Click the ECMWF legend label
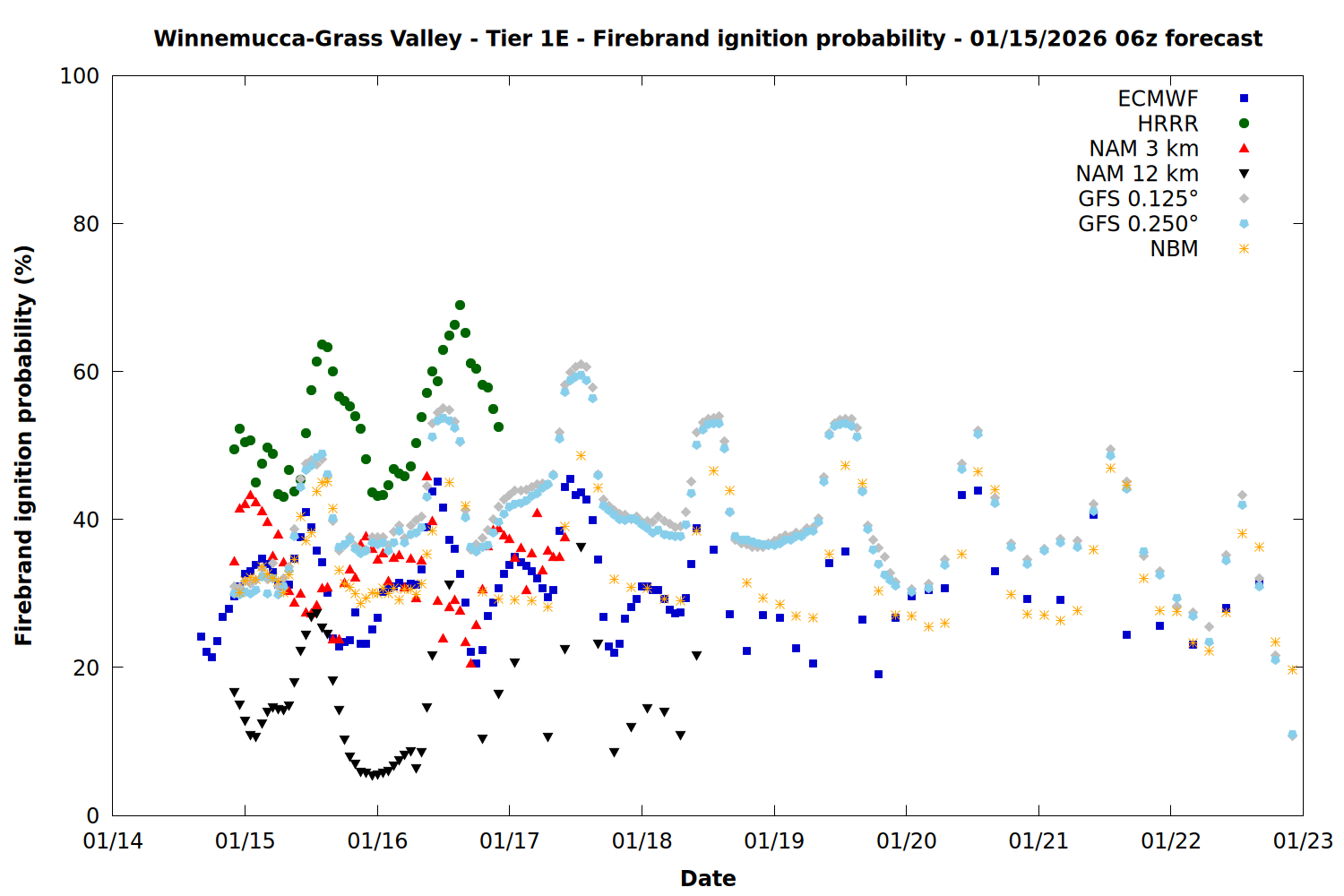coord(1158,99)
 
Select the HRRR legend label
coord(1167,124)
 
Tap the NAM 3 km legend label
coord(1143,149)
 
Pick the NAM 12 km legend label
coord(1137,174)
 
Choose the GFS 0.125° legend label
coord(1138,199)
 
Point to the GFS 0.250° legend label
coord(1138,224)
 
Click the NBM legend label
coord(1174,249)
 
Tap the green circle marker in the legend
coord(1244,124)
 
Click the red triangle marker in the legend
coord(1244,149)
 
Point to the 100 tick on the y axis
coord(80,76)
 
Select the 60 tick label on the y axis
coord(86,372)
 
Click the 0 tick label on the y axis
coord(92,815)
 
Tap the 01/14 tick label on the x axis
coord(113,841)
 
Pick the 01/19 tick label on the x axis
coord(774,841)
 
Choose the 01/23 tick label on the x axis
coord(1303,841)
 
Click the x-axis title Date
coord(708,879)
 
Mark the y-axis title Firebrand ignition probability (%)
coord(24,445)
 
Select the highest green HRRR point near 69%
coord(460,305)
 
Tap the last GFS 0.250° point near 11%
coord(1292,735)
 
